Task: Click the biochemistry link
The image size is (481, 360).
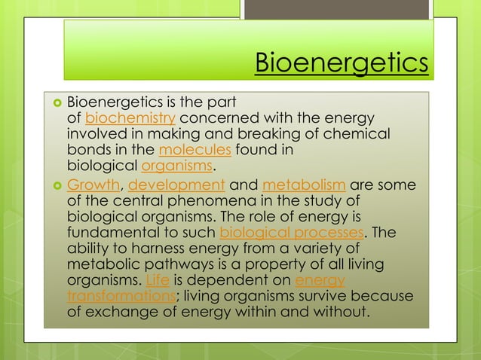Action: coord(131,118)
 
